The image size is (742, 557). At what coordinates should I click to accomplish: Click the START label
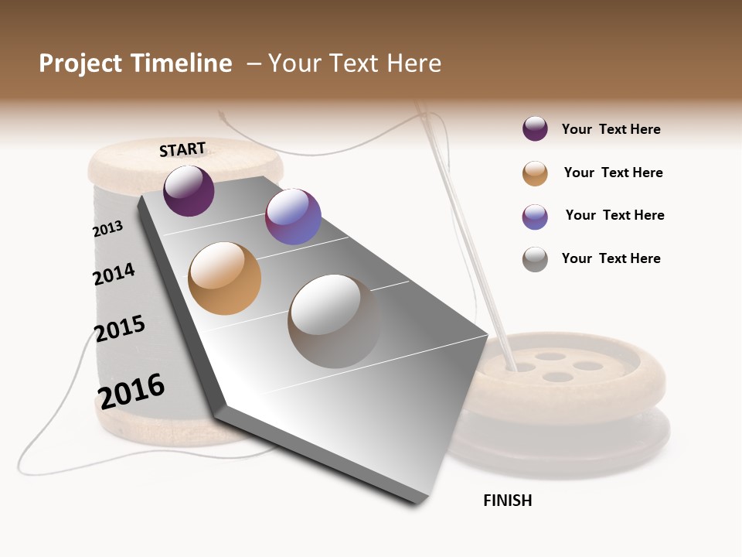182,149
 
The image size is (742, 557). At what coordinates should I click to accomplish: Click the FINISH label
507,501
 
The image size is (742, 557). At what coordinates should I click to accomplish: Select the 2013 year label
107,229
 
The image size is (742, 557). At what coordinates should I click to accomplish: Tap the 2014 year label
114,274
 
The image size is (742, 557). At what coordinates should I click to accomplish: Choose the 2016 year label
131,391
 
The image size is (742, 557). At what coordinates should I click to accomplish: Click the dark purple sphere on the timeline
189,190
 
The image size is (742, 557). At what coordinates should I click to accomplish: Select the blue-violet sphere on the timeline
293,217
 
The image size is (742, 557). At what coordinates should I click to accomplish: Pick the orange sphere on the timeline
225,278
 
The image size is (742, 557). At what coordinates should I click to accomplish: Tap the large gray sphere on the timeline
334,321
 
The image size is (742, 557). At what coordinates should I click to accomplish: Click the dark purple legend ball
535,129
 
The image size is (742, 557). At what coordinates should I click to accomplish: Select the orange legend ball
535,173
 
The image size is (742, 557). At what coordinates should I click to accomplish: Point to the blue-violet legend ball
535,217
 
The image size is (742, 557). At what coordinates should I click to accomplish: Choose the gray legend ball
535,259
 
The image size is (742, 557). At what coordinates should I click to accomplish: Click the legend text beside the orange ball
613,173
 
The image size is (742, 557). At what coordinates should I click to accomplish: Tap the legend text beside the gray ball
611,258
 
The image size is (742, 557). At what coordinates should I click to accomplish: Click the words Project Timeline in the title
135,63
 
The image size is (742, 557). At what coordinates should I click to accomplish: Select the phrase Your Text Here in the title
355,63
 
